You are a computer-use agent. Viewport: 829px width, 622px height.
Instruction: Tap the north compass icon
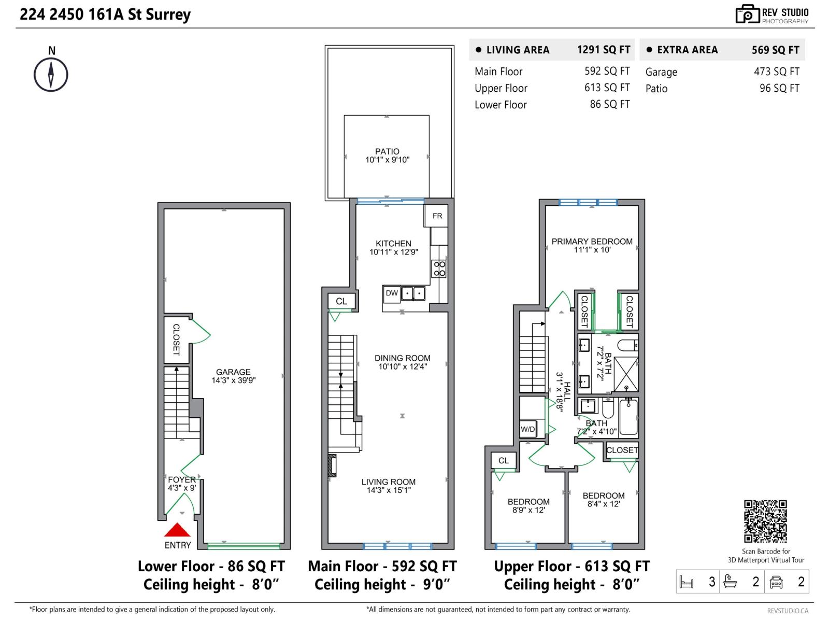(x=51, y=75)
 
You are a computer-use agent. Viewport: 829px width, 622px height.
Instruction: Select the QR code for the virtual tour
(x=765, y=521)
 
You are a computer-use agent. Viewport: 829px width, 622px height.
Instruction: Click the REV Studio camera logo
(x=747, y=15)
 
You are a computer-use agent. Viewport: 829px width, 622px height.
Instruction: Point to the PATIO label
(x=387, y=151)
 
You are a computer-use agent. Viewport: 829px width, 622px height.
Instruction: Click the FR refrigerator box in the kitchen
(x=436, y=216)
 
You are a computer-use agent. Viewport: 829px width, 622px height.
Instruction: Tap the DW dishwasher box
(x=392, y=294)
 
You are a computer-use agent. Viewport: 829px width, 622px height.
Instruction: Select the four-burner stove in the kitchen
(x=439, y=268)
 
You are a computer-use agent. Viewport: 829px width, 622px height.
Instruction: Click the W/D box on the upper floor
(x=527, y=429)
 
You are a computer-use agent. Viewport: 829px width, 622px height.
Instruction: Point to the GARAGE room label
(x=233, y=372)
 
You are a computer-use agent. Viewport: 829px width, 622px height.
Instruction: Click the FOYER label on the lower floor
(x=182, y=479)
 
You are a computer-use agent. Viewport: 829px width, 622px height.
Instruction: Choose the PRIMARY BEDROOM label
(x=592, y=242)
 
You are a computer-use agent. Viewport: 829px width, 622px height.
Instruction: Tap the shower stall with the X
(x=626, y=374)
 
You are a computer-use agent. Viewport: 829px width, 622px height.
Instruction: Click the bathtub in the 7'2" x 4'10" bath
(x=628, y=417)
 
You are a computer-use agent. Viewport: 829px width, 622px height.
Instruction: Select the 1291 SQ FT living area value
(x=604, y=50)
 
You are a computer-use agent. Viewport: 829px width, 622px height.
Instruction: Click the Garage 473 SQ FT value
(x=777, y=72)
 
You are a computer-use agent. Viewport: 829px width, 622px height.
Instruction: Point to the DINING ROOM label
(x=402, y=358)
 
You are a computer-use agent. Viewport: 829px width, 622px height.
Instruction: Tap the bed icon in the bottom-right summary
(x=686, y=582)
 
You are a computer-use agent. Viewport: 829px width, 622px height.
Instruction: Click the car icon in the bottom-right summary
(x=776, y=582)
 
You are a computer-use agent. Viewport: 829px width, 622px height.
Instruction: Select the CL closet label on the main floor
(x=341, y=301)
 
